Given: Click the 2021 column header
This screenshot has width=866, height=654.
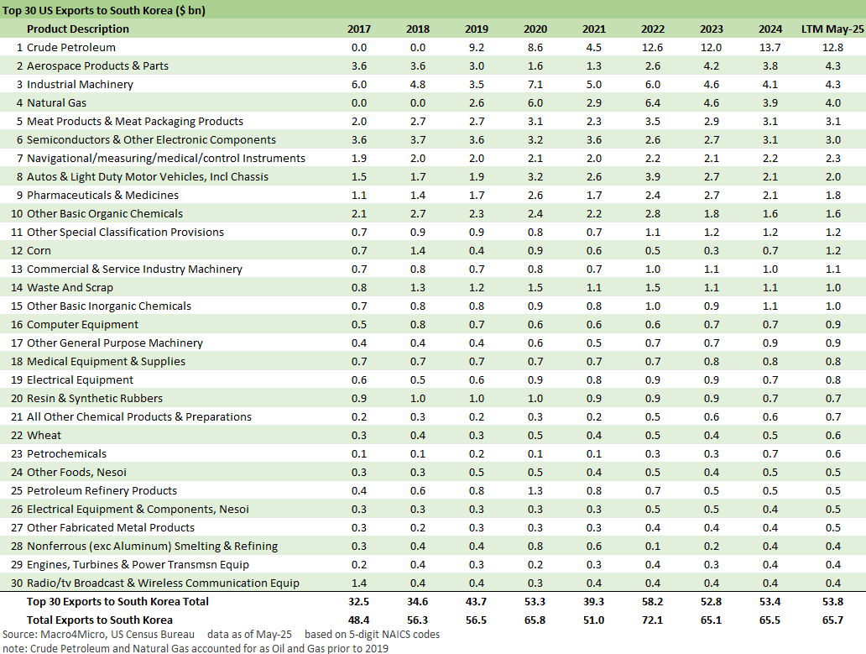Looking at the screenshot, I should point(594,29).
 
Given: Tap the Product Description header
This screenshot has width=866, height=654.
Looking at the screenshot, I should point(78,29).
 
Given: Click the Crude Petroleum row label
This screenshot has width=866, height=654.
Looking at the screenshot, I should point(71,48).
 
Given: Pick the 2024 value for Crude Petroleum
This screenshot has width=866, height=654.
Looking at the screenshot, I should point(770,48).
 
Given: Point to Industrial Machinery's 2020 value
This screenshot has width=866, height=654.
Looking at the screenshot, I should point(535,85).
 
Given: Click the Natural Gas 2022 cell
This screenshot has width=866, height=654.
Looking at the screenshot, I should point(653,103).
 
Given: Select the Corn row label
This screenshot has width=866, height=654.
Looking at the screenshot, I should point(39,251).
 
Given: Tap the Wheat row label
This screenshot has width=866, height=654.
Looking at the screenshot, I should point(44,436).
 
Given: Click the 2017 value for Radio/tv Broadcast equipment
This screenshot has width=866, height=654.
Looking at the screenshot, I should point(359,583).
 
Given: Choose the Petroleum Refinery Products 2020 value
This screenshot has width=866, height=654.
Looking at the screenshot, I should point(535,491).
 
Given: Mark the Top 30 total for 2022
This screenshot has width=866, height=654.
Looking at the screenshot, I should point(653,602).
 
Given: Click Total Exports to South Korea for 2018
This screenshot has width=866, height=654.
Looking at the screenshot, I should point(418,620).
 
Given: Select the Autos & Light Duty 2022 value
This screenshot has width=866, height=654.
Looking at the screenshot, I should point(653,177).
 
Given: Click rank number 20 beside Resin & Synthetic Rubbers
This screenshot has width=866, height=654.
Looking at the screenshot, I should point(17,399).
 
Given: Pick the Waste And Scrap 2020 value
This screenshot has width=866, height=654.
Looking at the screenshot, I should point(535,288).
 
